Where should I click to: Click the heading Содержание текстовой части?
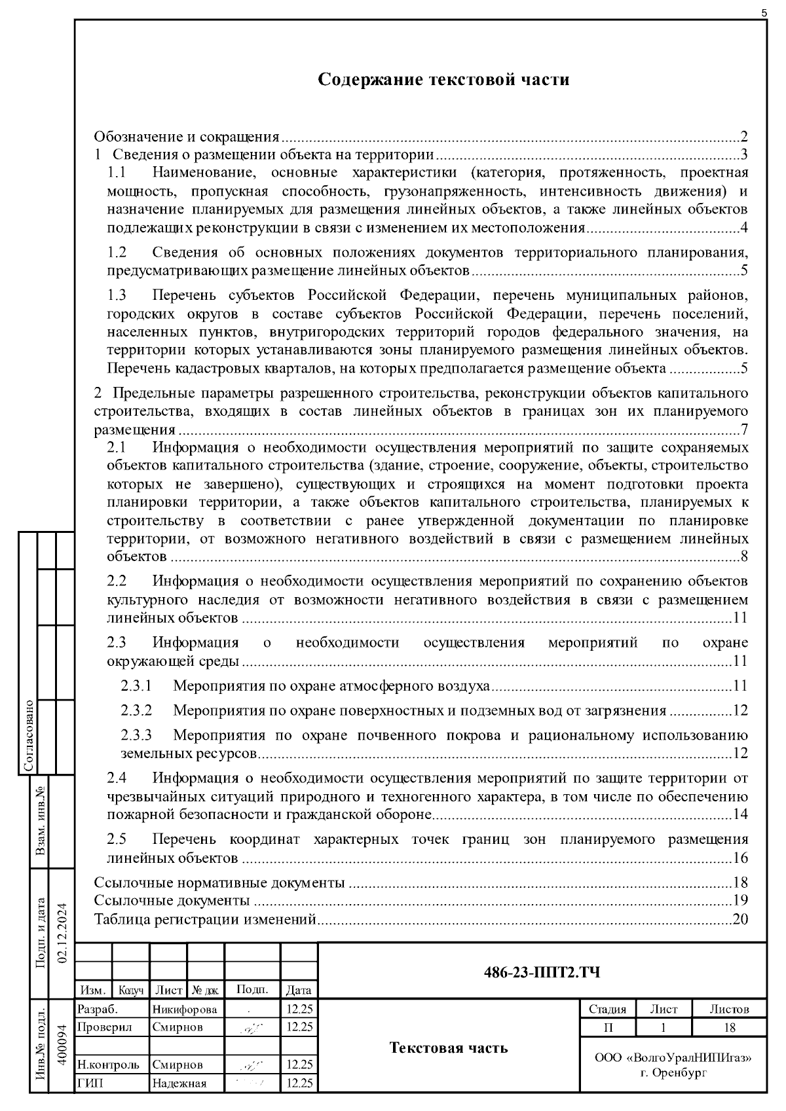(443, 80)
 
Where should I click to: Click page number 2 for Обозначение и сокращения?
(744, 137)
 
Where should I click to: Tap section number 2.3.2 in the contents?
(136, 710)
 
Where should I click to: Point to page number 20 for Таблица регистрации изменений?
(740, 919)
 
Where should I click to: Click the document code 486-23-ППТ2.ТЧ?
(541, 972)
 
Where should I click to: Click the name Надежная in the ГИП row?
(179, 1084)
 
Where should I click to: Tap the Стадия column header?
(607, 1009)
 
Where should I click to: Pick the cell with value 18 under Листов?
(729, 1027)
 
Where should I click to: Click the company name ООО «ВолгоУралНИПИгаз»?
(673, 1058)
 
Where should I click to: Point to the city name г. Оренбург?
(673, 1073)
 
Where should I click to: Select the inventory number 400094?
(64, 1046)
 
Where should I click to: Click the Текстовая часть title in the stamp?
(448, 1047)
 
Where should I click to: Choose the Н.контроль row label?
(108, 1065)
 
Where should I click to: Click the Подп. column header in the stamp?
(252, 990)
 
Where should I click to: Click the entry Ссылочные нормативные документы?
(219, 883)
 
